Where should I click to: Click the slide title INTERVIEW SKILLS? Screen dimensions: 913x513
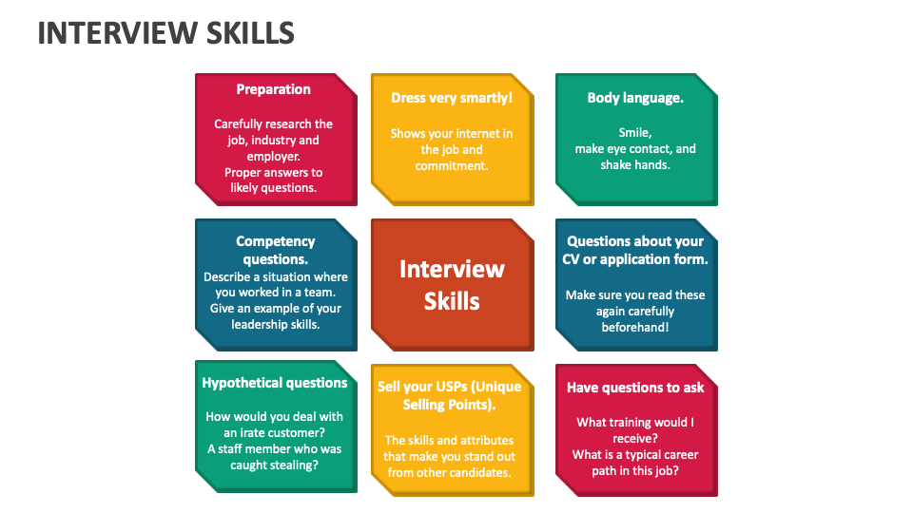(165, 33)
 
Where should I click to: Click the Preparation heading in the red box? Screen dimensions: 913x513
(273, 89)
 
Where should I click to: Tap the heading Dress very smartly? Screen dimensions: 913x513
(452, 98)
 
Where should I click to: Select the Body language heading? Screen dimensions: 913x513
(635, 98)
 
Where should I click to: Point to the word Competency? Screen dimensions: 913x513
(276, 241)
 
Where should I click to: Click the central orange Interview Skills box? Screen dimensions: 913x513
(452, 285)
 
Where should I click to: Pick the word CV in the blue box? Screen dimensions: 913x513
(571, 259)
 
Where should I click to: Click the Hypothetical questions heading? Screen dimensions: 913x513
(274, 383)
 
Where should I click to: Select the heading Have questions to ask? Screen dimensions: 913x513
(635, 388)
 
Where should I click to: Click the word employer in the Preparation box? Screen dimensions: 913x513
(272, 157)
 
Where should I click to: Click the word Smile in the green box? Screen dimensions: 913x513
(633, 133)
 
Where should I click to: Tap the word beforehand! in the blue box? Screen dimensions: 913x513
(635, 328)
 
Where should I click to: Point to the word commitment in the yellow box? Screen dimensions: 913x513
(451, 165)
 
